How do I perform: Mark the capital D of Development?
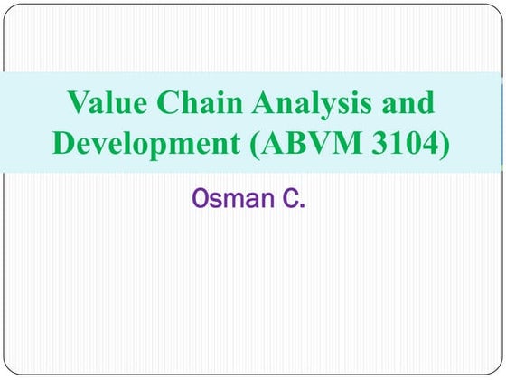65,143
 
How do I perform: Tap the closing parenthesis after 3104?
442,144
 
